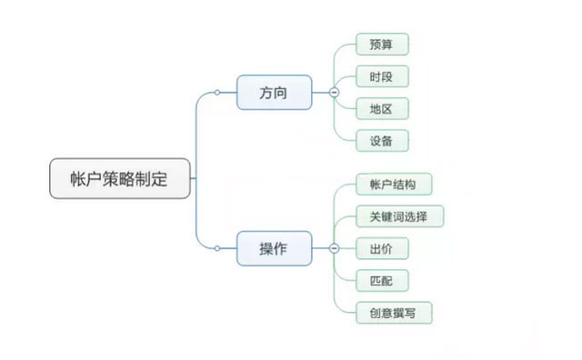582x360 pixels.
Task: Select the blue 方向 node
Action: pyautogui.click(x=274, y=92)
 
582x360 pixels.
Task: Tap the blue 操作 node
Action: pyautogui.click(x=274, y=247)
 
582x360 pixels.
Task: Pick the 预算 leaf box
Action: pyautogui.click(x=382, y=45)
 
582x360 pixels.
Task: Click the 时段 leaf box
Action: pyautogui.click(x=382, y=76)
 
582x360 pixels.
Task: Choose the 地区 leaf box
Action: pyautogui.click(x=382, y=108)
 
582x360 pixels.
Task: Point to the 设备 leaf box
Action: pyautogui.click(x=382, y=140)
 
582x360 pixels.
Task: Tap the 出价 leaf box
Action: pyautogui.click(x=382, y=248)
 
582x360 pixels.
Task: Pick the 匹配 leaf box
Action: pyautogui.click(x=382, y=280)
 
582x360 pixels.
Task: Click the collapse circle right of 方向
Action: pyautogui.click(x=334, y=93)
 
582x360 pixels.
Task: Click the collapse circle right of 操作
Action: pyautogui.click(x=334, y=248)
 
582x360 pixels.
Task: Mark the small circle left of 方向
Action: pyautogui.click(x=217, y=93)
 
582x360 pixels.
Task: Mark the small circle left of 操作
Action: pyautogui.click(x=217, y=247)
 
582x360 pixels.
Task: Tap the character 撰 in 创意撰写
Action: pyautogui.click(x=401, y=313)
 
